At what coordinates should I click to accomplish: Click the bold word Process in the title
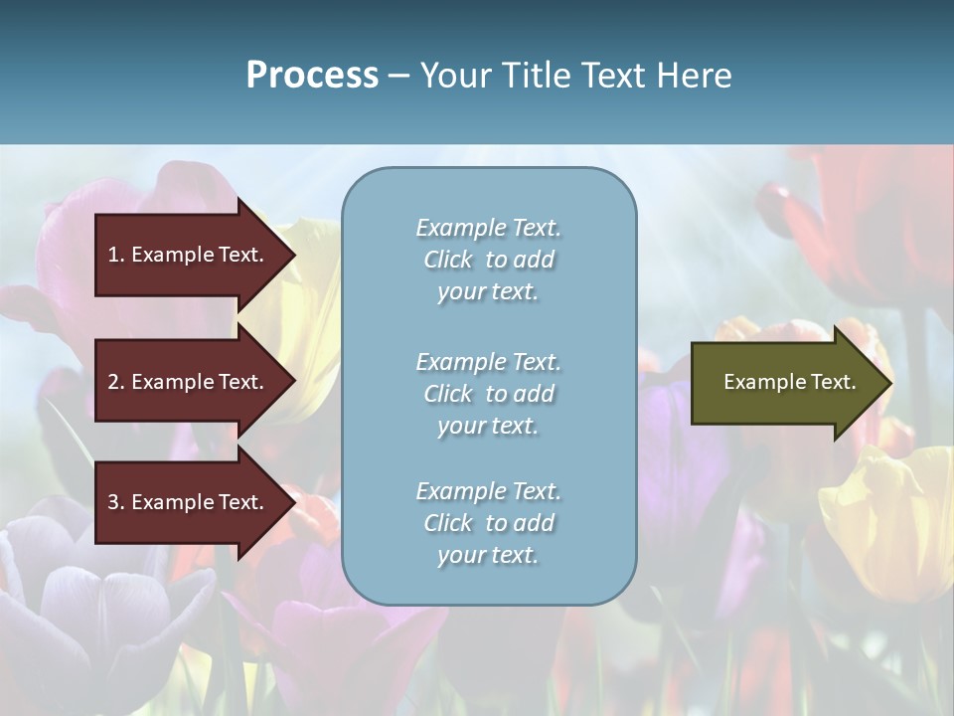click(x=312, y=76)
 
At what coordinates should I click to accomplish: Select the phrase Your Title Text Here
click(x=576, y=76)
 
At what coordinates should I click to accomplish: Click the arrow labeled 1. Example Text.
click(x=186, y=255)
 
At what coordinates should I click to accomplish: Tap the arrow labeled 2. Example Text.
click(x=186, y=382)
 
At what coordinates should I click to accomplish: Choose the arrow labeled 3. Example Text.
click(x=186, y=502)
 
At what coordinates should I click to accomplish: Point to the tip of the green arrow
click(x=889, y=383)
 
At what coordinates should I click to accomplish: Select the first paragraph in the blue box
click(x=488, y=260)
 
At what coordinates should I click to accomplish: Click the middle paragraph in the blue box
click(x=488, y=394)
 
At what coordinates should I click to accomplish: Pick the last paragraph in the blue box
click(x=488, y=523)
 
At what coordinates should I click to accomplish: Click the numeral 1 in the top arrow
click(x=113, y=255)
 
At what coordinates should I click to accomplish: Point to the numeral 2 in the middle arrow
click(x=113, y=382)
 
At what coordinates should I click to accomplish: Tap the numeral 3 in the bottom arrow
click(x=113, y=502)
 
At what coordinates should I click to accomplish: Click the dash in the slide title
click(x=399, y=77)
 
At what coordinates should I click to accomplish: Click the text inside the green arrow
click(x=789, y=382)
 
